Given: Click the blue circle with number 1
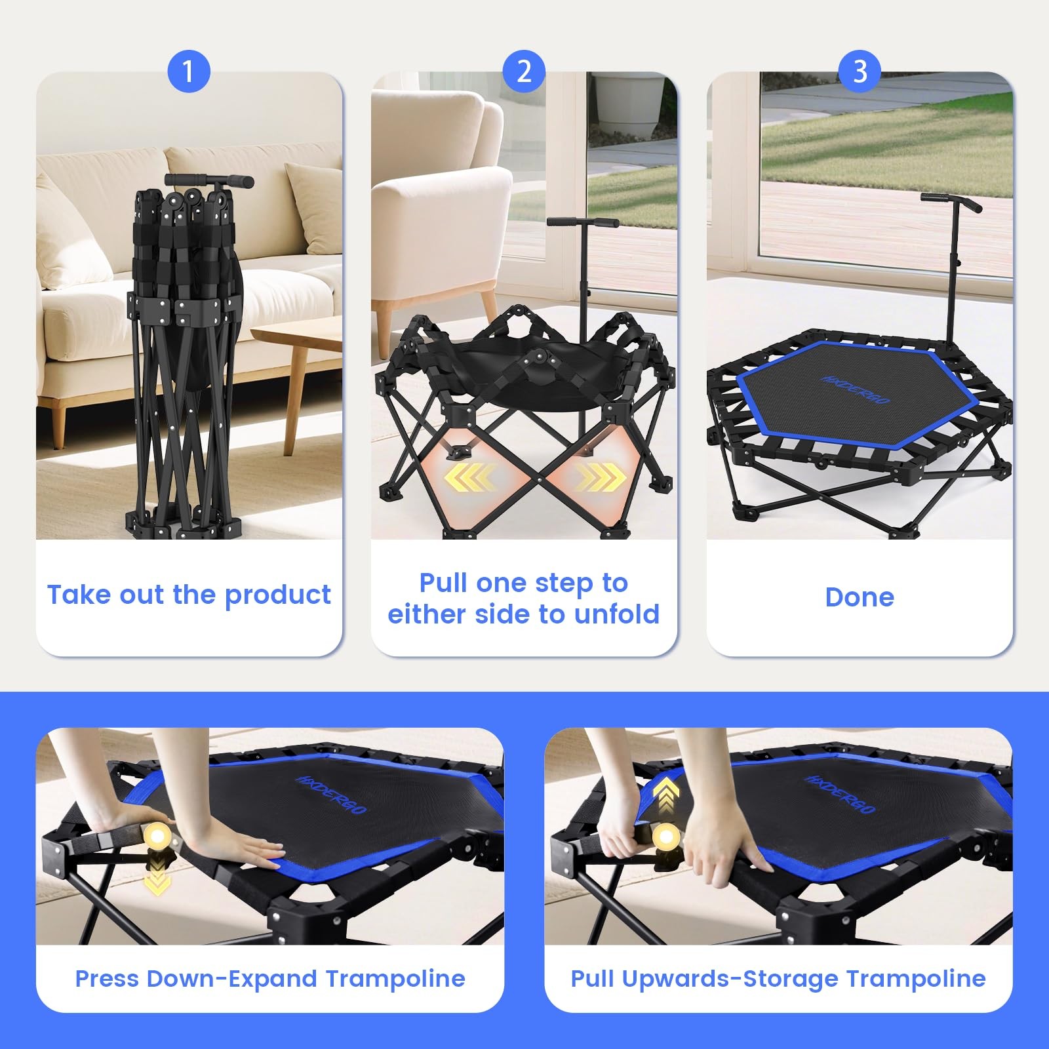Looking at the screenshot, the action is point(189,71).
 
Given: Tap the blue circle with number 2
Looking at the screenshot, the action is point(524,71).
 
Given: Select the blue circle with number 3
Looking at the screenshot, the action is point(860,71).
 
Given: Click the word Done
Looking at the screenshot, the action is point(860,597).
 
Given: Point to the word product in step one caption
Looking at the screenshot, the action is point(277,595).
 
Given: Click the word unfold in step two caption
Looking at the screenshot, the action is point(617,614).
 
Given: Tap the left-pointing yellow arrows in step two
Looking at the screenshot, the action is point(470,477).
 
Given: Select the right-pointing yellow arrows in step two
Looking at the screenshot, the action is point(600,477).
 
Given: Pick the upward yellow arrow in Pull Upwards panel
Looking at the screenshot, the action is point(666,795).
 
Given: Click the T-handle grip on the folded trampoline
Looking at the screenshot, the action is point(209,180).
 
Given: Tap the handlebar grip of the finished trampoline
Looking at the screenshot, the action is point(951,203).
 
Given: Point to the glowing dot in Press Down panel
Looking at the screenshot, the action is point(158,836).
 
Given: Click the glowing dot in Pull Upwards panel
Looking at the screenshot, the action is point(667,837).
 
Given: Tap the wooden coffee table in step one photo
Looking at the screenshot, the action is point(288,367).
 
